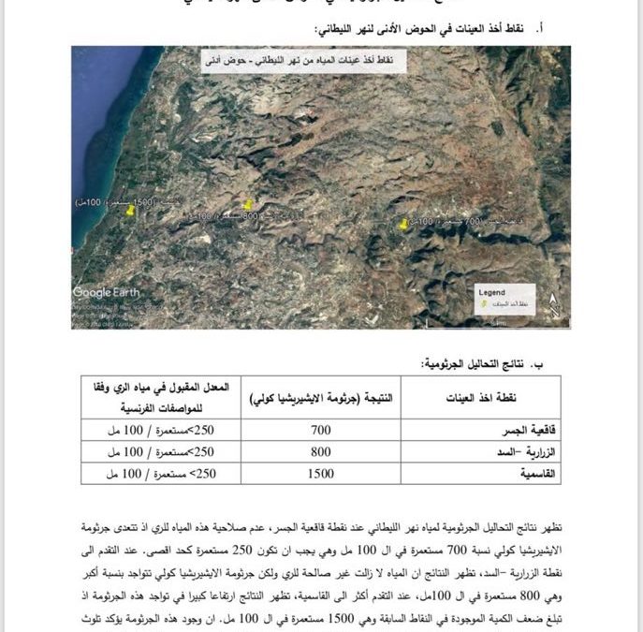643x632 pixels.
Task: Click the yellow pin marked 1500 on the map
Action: tap(130, 212)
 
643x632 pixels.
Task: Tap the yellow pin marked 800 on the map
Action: tap(248, 205)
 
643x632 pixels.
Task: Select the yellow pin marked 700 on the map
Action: tap(403, 226)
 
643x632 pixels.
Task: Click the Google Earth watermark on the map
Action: tap(106, 292)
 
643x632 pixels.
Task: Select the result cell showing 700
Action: tap(320, 430)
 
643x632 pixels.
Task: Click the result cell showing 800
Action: tap(320, 452)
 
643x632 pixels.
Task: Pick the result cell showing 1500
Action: tap(320, 474)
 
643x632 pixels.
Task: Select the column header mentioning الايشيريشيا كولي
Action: tap(320, 397)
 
